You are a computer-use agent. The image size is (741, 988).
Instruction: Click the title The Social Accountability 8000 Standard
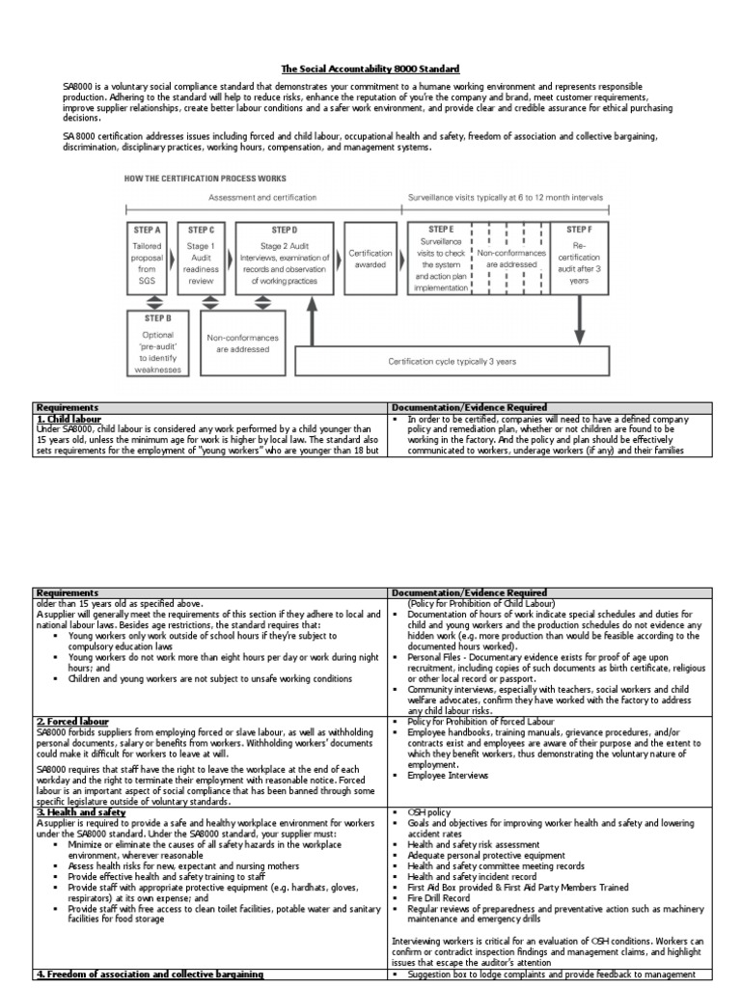(x=370, y=69)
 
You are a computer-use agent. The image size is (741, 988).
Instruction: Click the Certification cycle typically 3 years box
(x=451, y=361)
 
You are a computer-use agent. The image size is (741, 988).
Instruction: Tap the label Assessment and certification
(x=261, y=198)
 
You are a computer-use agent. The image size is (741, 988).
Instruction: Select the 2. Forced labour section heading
(x=72, y=721)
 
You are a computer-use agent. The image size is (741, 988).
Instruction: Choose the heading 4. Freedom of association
(x=150, y=974)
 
